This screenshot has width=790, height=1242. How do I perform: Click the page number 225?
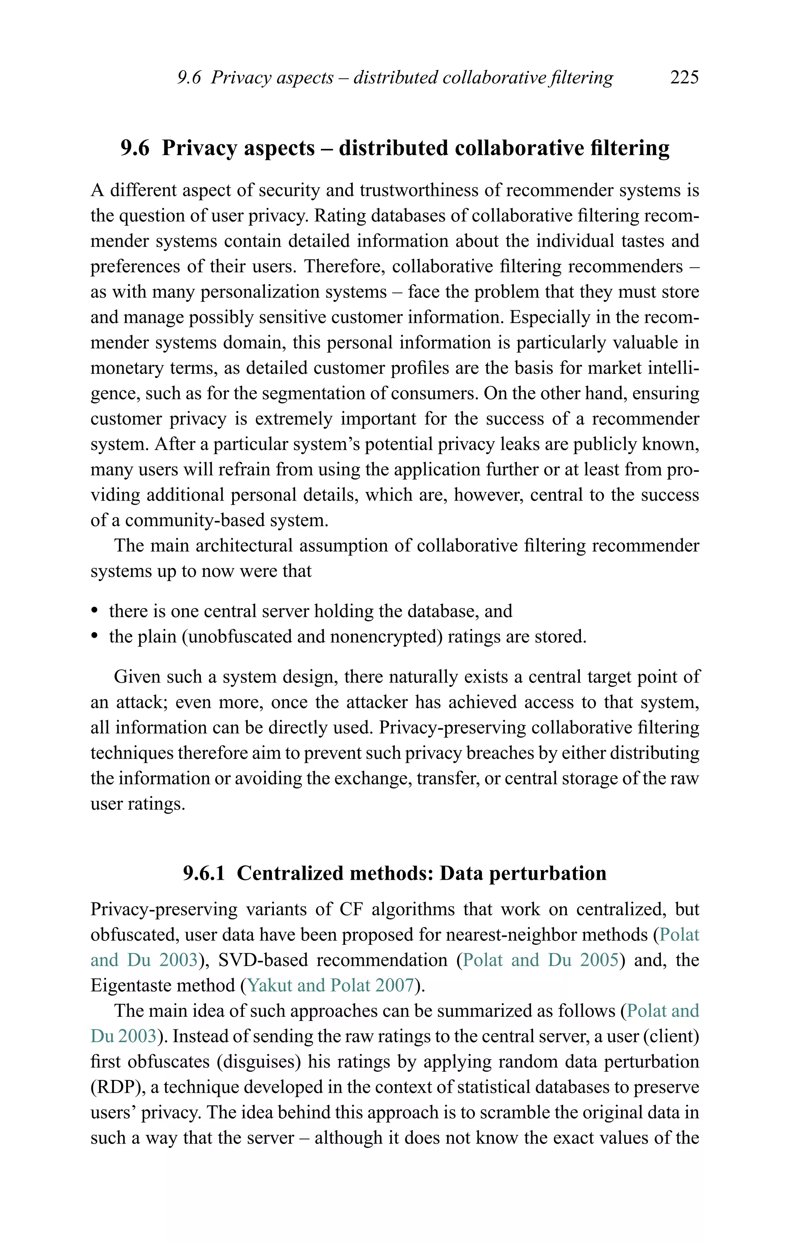684,78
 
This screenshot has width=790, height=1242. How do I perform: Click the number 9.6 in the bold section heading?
135,149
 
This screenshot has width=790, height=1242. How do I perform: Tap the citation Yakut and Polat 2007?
331,986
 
